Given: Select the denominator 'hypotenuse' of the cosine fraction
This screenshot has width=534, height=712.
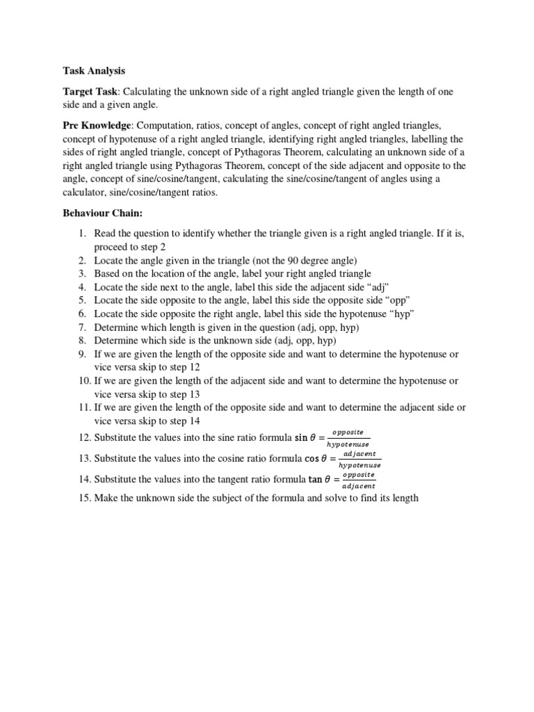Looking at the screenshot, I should click(x=359, y=466).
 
